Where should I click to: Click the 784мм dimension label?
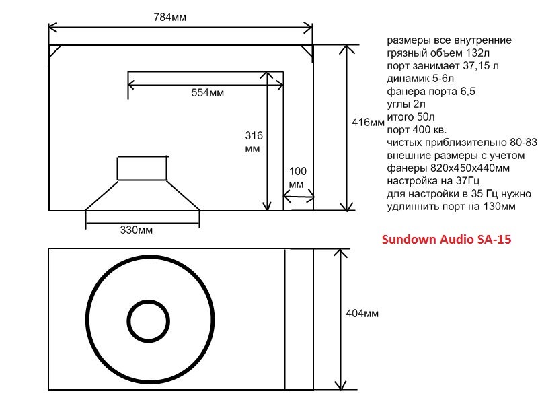(x=171, y=17)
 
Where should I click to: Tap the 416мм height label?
(x=368, y=123)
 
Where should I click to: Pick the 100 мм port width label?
(x=297, y=178)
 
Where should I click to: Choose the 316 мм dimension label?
(x=253, y=141)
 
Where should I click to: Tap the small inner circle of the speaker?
(x=150, y=320)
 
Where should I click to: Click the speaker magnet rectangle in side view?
(x=143, y=168)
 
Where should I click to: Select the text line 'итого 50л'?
(x=411, y=117)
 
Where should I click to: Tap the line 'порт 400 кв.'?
(x=417, y=130)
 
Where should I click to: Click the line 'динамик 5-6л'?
(x=421, y=79)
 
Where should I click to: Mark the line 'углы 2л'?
(x=406, y=104)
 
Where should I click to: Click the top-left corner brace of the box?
(x=55, y=51)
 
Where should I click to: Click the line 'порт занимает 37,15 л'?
(x=443, y=66)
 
